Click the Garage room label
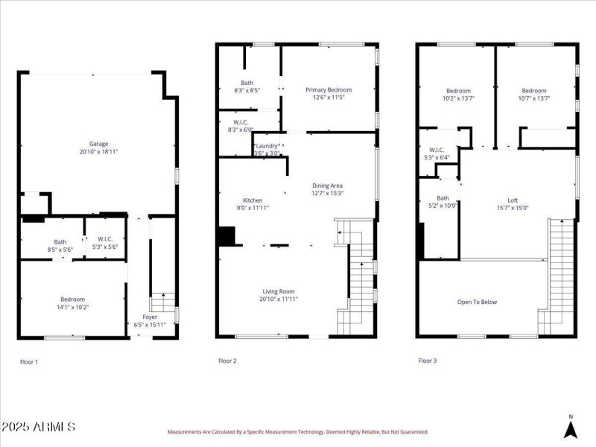coord(99,144)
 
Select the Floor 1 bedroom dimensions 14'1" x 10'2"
coord(72,306)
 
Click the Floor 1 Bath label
coord(60,241)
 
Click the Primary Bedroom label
coord(329,89)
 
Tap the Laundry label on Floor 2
coord(267,146)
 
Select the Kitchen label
coord(253,200)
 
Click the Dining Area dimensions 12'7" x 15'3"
coord(327,193)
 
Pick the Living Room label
coord(279,291)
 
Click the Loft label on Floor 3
coord(513,200)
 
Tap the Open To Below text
coord(477,302)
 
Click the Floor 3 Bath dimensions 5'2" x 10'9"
coord(443,206)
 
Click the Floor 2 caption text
coord(227,361)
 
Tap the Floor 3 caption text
coord(427,361)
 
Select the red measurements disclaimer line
coord(297,431)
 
